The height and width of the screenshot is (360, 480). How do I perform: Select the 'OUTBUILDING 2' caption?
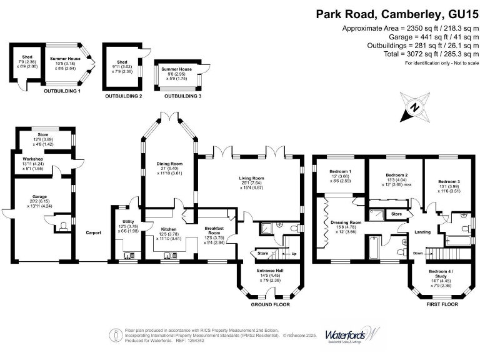click(x=123, y=96)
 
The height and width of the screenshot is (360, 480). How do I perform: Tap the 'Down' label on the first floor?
click(x=417, y=253)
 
